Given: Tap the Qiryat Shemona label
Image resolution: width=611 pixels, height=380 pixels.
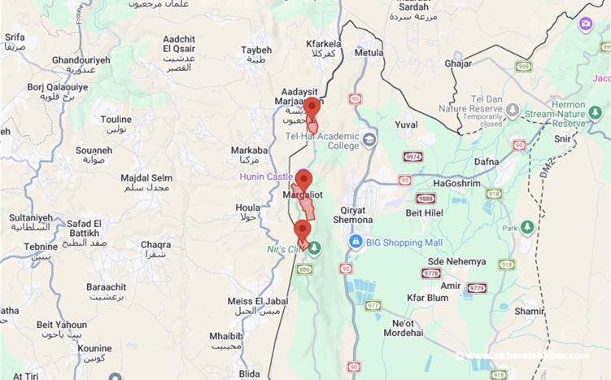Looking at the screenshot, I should point(351,214).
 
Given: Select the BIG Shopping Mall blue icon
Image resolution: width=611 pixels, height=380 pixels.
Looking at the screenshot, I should point(356,242).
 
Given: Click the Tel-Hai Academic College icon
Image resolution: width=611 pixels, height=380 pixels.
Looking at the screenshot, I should point(370,140).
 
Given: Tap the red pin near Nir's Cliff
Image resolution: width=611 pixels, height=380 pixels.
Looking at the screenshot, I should point(303,229).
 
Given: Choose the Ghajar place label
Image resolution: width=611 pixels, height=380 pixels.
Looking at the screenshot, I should point(458,63).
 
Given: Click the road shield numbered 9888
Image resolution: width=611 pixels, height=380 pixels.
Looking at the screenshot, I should point(426,199).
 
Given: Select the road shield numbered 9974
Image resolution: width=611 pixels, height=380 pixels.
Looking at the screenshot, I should point(414,156).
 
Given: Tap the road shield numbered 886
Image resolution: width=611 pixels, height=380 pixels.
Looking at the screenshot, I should point(305,268).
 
